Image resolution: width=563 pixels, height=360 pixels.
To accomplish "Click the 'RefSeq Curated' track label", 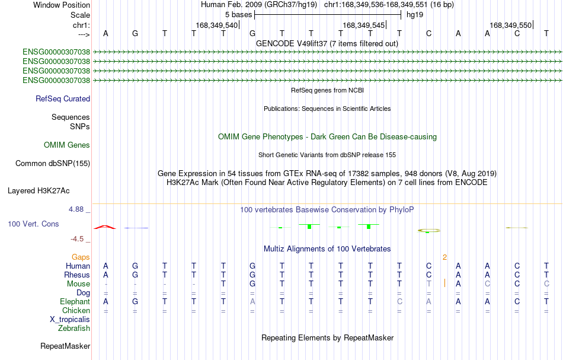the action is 62,99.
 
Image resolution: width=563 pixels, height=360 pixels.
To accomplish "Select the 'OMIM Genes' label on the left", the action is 67,145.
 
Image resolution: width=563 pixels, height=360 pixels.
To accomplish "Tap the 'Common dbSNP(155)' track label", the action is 53,164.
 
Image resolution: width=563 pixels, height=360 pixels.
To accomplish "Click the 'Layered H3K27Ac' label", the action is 39,191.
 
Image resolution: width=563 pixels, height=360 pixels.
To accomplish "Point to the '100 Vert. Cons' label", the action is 33,224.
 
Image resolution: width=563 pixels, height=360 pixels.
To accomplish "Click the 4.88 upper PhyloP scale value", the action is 76,209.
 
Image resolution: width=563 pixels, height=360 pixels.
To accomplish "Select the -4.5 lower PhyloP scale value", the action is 77,239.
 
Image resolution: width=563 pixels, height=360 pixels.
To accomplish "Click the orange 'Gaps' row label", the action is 81,257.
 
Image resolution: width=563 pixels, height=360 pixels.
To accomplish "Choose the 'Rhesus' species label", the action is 77,275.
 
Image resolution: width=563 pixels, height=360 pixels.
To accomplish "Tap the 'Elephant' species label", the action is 75,302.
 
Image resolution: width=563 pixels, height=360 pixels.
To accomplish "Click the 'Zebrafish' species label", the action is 74,329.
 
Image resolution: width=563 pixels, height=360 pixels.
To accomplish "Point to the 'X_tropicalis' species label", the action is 70,320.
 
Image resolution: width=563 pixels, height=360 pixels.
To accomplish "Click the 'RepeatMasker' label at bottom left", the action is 65,346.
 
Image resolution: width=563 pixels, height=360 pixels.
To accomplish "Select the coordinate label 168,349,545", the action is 364,25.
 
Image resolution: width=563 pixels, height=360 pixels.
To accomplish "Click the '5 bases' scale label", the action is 238,15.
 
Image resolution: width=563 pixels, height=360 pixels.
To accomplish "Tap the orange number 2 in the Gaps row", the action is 445,257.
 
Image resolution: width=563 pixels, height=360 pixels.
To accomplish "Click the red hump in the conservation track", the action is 105,227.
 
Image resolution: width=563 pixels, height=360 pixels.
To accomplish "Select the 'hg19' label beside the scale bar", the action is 415,15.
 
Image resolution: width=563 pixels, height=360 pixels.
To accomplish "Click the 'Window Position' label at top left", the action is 62,5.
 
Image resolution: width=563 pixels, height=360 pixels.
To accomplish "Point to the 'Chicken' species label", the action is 76,311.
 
